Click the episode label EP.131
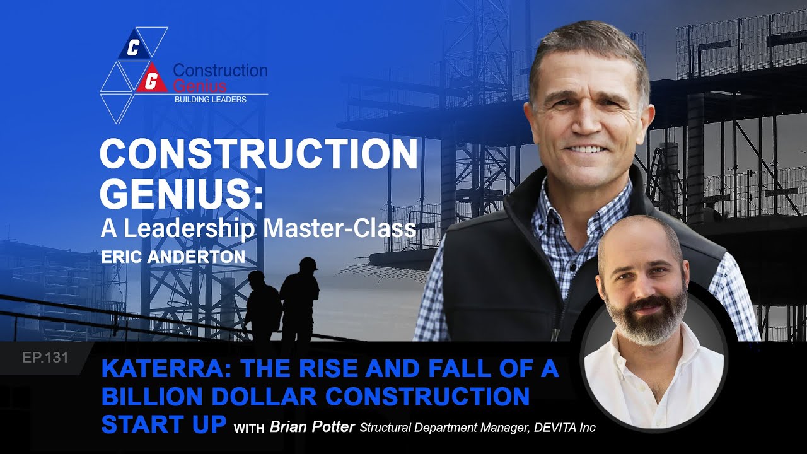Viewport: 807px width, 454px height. [45, 358]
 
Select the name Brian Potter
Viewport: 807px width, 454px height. [312, 428]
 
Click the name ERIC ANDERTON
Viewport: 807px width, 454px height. [173, 258]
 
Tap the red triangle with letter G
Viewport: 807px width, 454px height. [151, 79]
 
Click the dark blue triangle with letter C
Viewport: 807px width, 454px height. [133, 47]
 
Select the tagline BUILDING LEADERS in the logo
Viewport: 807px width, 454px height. [210, 100]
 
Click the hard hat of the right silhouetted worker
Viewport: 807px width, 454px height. [308, 263]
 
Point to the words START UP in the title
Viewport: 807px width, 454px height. [163, 424]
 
